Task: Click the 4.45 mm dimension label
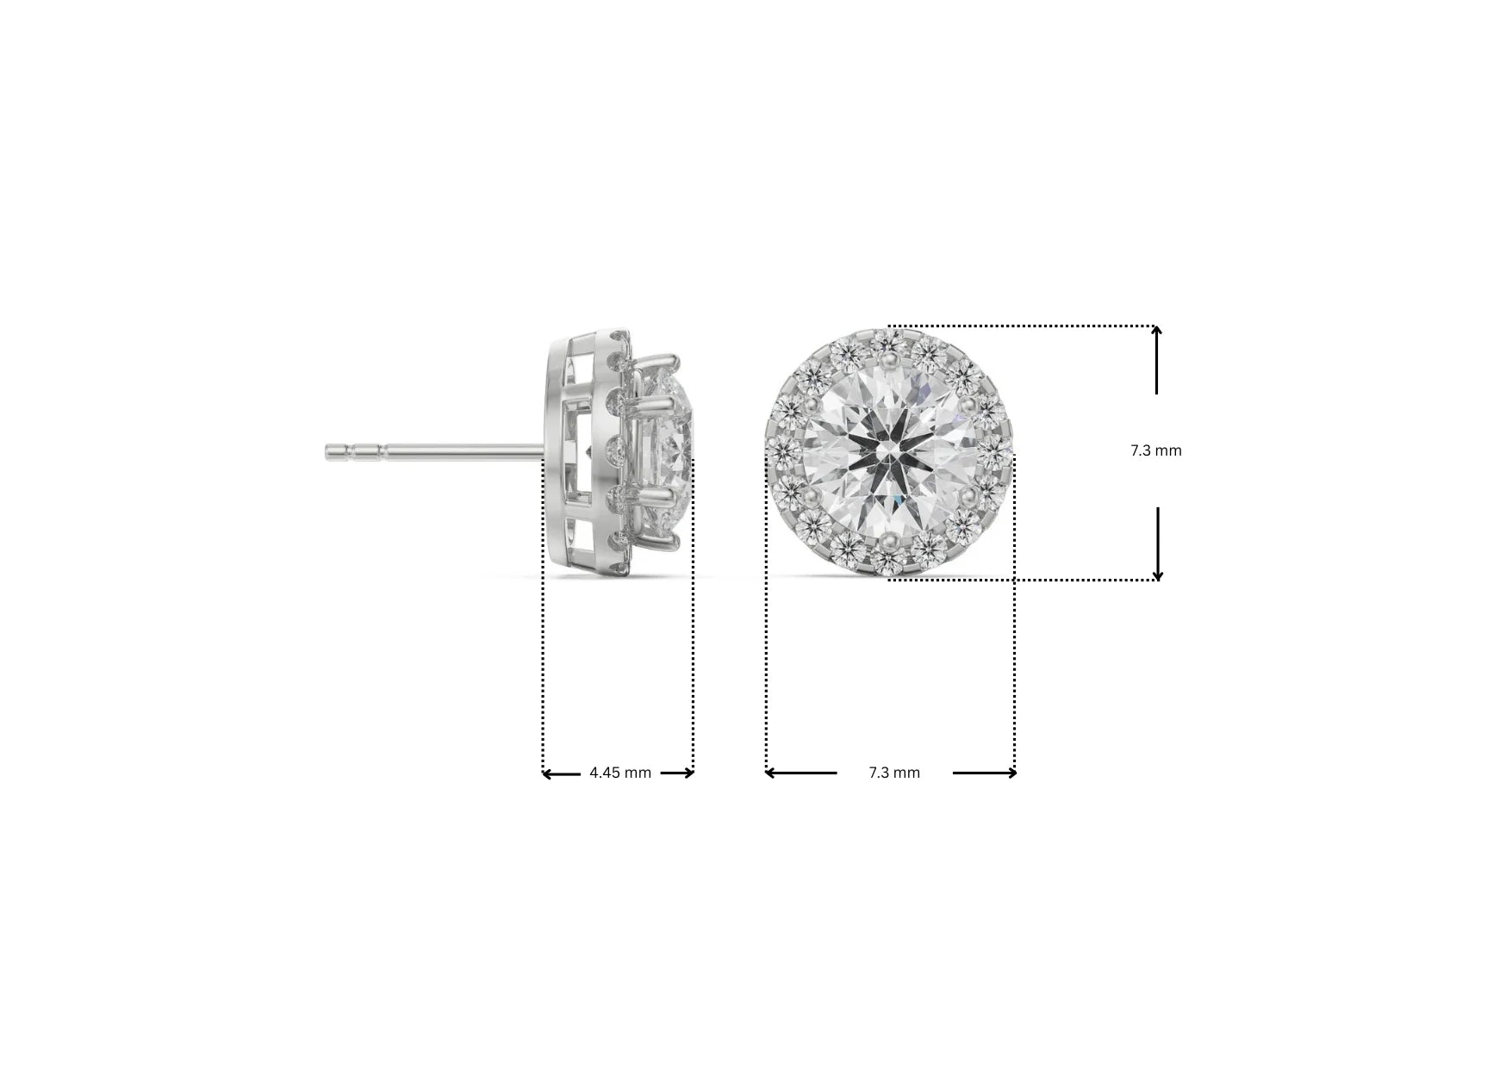(620, 773)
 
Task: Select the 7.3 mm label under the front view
(894, 773)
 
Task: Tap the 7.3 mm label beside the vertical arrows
(1156, 450)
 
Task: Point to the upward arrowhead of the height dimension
(1156, 332)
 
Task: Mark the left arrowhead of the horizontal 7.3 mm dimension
(770, 773)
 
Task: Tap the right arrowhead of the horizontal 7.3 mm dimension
(1011, 773)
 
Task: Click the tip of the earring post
(329, 451)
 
